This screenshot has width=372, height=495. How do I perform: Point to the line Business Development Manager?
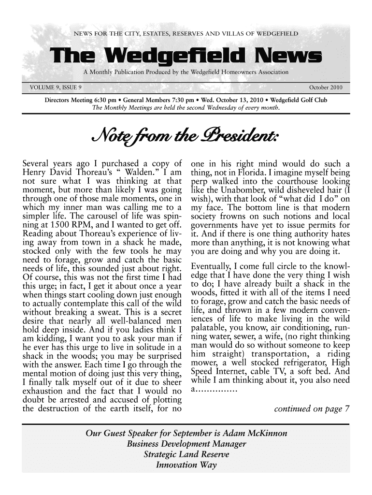coord(186,444)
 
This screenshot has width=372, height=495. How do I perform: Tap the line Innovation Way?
coord(186,467)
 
